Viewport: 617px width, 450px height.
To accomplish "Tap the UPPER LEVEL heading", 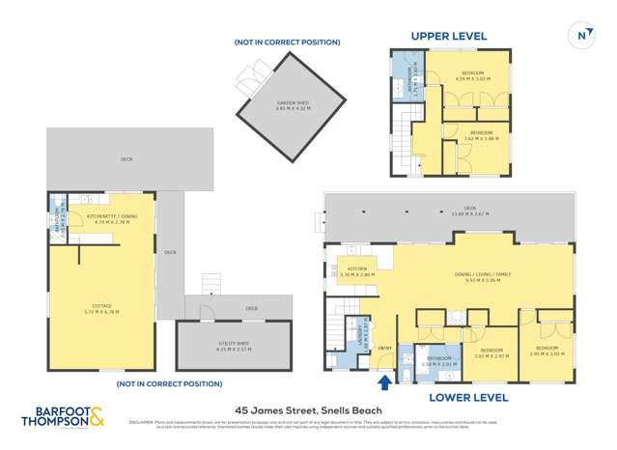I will tap(449, 37).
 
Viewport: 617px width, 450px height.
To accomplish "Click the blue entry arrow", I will tap(386, 382).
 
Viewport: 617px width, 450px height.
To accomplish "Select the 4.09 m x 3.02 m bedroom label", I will tap(473, 76).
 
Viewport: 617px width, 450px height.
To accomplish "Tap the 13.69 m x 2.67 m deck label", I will tap(470, 210).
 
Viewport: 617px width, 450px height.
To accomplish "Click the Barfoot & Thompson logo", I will tap(66, 418).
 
